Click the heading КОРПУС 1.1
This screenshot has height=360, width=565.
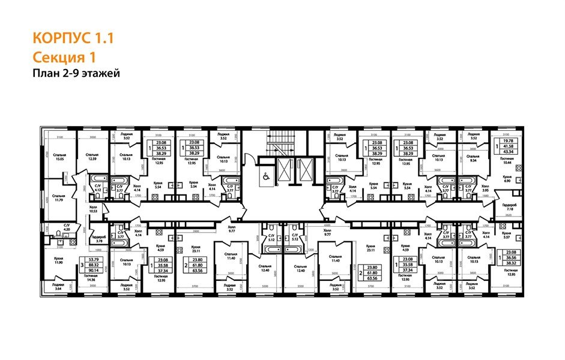(72, 39)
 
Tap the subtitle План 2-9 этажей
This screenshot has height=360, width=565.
(76, 73)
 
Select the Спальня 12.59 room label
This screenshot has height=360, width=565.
(92, 157)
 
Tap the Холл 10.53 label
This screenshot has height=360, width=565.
(92, 209)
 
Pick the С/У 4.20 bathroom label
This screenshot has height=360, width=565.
(50, 227)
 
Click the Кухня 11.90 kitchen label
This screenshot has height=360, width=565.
(58, 262)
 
